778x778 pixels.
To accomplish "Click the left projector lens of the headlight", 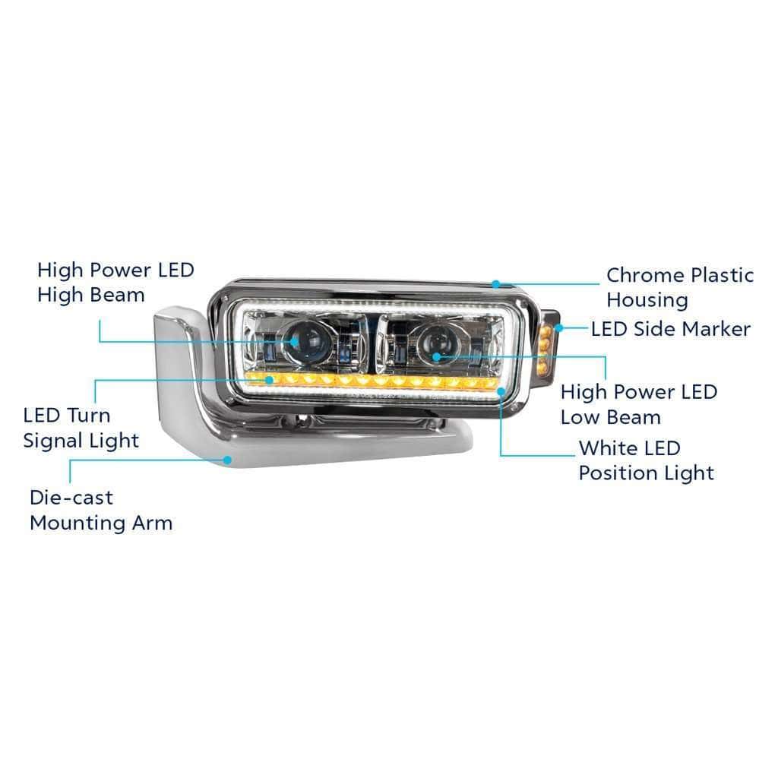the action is point(302,342).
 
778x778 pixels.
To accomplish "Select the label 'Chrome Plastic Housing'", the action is point(680,287).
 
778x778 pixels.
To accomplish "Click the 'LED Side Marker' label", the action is point(671,329).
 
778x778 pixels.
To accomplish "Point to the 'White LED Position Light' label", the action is point(646,460).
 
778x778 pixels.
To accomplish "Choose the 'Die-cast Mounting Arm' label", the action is point(101,510).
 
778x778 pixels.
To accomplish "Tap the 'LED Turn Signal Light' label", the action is point(81,428).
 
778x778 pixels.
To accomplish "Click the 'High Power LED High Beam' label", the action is point(115,283).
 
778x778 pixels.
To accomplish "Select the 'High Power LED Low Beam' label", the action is point(639,404).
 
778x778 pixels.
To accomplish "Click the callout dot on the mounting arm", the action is point(227,460).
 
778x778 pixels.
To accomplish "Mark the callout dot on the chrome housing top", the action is point(495,284).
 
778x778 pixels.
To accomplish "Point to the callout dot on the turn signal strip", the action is point(270,380).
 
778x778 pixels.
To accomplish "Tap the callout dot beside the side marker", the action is point(558,328).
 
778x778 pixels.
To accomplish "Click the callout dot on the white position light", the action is point(501,391).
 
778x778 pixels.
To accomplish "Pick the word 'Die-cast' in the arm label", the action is point(71,498).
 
